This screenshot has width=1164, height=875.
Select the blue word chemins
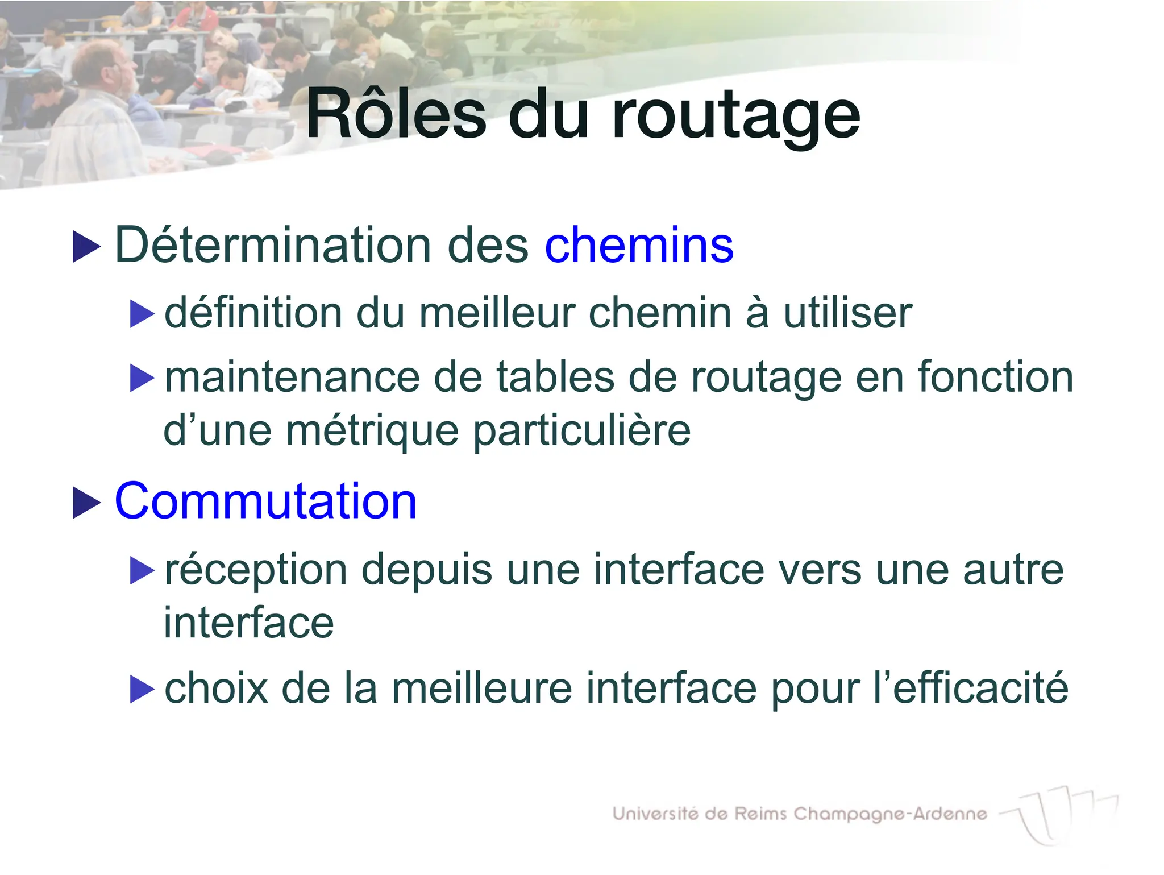639,246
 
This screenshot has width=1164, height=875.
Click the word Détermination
273,245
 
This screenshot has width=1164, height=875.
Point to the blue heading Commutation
265,501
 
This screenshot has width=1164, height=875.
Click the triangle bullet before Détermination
86,247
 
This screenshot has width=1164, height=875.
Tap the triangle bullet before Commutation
86,503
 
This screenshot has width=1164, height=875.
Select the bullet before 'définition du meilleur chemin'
142,314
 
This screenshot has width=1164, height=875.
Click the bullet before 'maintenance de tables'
142,378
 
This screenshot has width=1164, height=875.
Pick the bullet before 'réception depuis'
142,570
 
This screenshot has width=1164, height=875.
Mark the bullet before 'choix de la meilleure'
142,689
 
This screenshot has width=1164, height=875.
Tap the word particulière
582,431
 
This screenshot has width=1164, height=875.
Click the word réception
256,570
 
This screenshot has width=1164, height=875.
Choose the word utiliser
847,313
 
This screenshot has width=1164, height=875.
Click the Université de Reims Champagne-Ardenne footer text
799,814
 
